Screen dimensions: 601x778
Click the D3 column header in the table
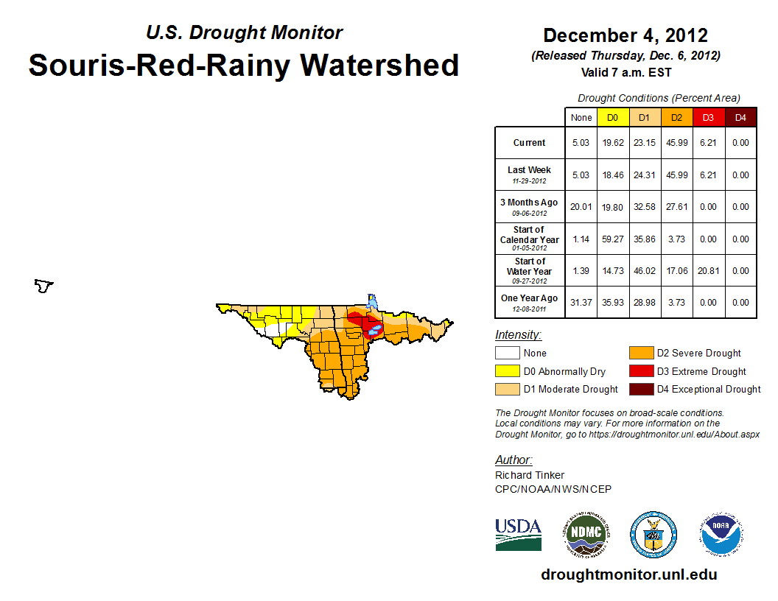pos(709,117)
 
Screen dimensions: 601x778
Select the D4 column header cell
pos(740,117)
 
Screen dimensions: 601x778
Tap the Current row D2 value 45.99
pos(676,143)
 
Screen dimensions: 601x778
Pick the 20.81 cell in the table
pos(709,271)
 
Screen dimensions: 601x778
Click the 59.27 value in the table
pos(612,239)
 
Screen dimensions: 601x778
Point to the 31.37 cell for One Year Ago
pos(581,303)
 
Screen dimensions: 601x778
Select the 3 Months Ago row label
pos(530,206)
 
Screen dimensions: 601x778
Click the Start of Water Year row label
pos(530,270)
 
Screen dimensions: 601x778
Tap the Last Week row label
pos(530,175)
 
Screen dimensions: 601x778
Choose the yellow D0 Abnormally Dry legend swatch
pos(507,371)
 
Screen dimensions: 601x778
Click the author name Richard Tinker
pos(530,475)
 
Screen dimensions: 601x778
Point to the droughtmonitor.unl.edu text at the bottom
pos(628,574)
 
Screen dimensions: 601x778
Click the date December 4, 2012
pos(625,35)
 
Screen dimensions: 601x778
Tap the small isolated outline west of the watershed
pos(44,286)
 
